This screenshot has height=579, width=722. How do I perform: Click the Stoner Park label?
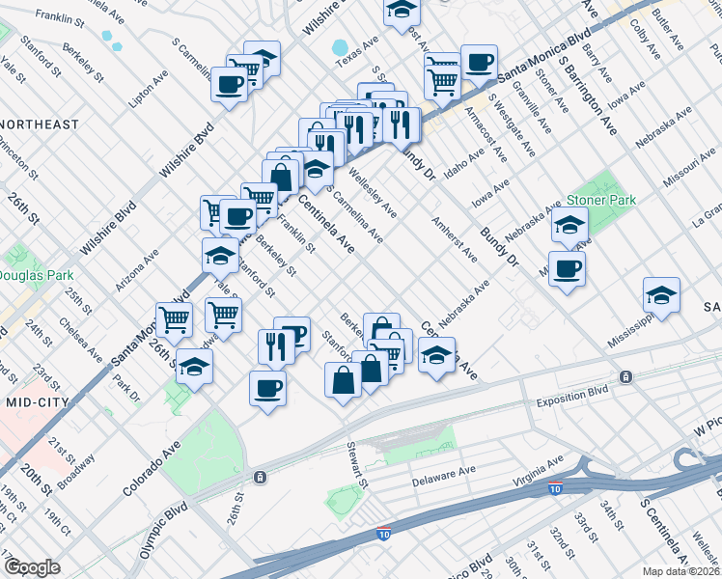point(601,200)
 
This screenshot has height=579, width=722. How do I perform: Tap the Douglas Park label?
point(29,275)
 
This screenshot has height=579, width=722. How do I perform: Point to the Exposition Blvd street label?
point(573,393)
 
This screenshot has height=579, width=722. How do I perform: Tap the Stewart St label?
point(358,465)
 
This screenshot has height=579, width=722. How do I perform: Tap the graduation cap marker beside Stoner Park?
point(570,227)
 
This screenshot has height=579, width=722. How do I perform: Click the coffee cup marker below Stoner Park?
point(567,269)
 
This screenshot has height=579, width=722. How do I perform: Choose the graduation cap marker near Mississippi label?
point(662,295)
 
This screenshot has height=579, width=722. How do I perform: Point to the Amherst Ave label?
point(455,239)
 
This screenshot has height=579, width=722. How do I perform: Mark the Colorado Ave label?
point(153,468)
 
